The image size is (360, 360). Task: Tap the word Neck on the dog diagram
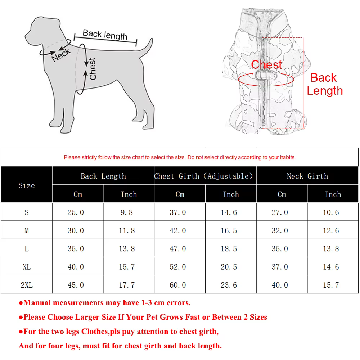coord(61,55)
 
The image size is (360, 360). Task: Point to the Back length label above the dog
coord(105,35)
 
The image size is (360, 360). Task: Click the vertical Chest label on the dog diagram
coord(93,69)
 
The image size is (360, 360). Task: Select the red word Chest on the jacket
coord(266,64)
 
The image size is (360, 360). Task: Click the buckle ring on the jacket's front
coord(266,75)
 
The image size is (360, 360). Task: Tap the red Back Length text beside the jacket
coord(325,84)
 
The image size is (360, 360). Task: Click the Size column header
coord(27,185)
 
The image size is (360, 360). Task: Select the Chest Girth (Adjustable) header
coord(203,176)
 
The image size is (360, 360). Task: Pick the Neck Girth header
coord(307,176)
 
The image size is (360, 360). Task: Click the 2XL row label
coord(27,285)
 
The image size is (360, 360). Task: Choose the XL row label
coord(27,267)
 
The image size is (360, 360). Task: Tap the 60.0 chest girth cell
coord(178,285)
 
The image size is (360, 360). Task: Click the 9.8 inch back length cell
coord(127,212)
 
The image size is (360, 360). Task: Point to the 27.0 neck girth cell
coord(280,212)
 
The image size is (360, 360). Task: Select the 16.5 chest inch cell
coord(229,230)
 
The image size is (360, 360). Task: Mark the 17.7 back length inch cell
coord(127,285)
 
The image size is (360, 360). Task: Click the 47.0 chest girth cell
coord(178,249)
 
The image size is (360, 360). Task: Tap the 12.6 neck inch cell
coord(331,230)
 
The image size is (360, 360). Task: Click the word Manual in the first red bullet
coord(37,303)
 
